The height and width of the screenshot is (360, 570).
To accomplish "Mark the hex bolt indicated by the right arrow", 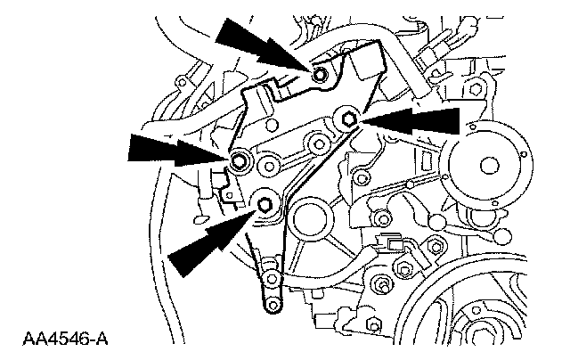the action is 348,117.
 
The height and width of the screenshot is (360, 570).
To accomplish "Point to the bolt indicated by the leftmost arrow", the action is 239,161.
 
